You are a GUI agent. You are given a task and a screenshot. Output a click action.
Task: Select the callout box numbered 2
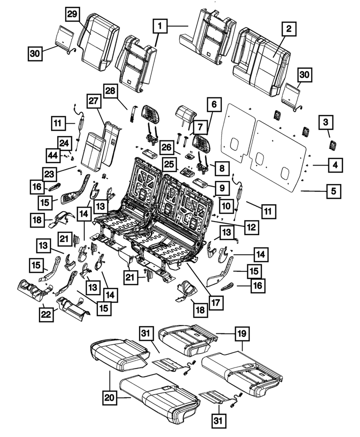point(288,30)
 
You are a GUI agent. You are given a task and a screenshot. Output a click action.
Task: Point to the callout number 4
point(335,165)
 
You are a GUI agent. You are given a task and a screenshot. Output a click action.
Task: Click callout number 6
point(214,105)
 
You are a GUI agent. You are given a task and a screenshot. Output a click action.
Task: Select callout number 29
point(72,14)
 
